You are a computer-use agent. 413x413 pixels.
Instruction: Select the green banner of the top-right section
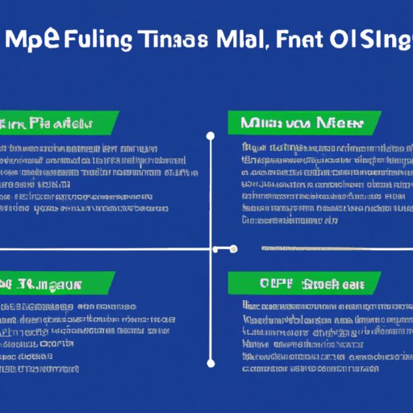tap(302, 123)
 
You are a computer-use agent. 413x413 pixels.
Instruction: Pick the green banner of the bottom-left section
tap(56, 283)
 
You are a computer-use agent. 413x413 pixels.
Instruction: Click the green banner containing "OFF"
tap(302, 283)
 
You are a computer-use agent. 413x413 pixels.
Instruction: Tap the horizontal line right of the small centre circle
tap(331, 248)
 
